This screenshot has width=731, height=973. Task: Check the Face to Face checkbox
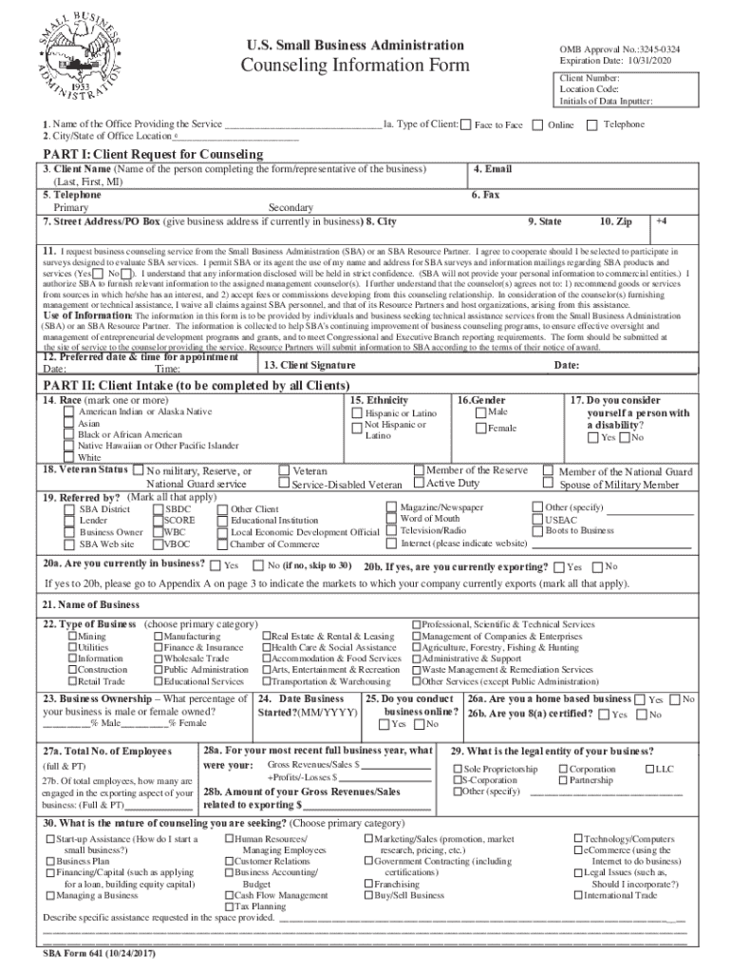point(467,125)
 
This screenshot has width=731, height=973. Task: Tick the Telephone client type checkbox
point(593,125)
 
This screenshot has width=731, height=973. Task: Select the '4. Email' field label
point(492,169)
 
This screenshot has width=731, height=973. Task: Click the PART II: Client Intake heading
point(196,385)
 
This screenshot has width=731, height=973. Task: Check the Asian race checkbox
point(69,424)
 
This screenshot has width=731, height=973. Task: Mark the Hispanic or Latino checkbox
point(357,414)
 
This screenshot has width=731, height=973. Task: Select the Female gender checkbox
point(480,429)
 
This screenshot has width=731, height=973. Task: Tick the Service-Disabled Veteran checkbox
point(283,485)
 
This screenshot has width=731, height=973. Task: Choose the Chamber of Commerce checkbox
point(222,544)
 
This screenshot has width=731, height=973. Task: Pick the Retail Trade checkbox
point(72,681)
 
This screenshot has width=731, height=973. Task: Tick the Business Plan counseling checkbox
point(49,861)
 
